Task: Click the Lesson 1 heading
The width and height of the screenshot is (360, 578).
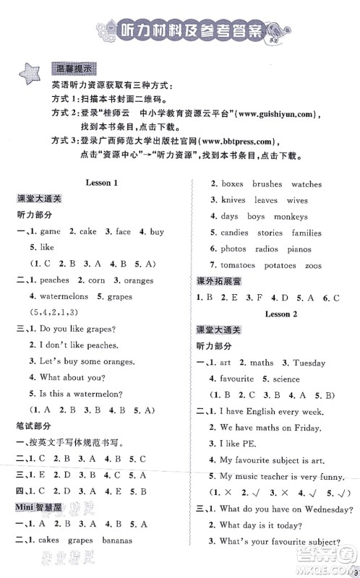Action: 101,184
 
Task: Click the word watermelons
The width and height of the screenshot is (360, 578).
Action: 59,296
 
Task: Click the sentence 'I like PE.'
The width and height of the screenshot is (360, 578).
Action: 239,443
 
